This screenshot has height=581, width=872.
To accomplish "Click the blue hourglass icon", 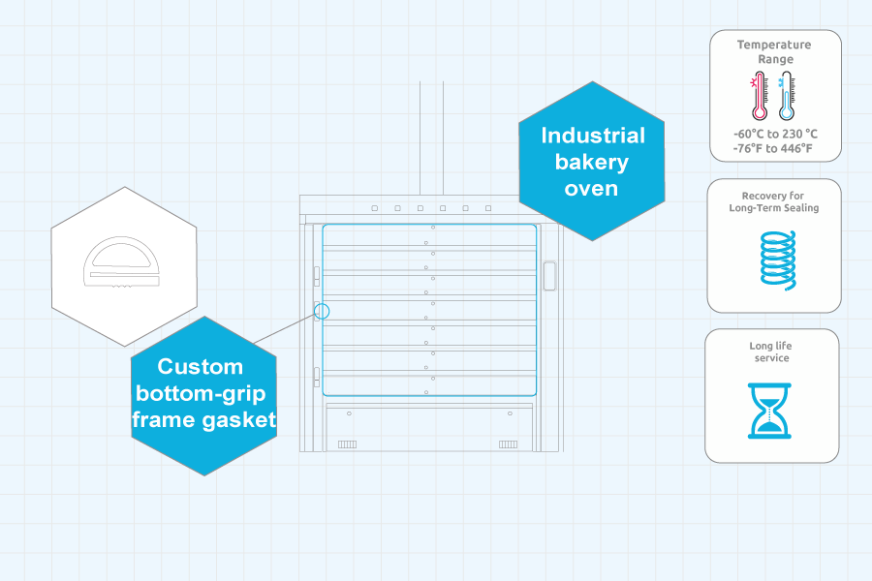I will tap(770, 411).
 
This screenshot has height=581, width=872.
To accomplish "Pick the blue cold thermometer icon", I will tap(787, 97).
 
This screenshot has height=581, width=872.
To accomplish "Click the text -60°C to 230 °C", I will tap(775, 134).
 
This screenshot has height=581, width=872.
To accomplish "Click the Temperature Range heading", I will tap(773, 51).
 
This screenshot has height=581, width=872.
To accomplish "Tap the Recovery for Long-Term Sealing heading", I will tap(773, 201).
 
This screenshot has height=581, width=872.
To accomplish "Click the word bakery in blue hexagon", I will tap(591, 162).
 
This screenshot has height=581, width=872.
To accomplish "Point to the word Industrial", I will tap(592, 136).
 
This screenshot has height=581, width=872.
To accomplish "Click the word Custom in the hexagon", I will tap(201, 367).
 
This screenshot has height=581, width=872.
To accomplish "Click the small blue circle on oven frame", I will tap(322, 311).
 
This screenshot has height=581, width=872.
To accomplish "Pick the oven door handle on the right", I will tap(549, 276).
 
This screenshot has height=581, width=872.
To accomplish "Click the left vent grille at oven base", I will tap(347, 443).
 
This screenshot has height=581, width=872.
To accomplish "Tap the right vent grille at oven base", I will tap(508, 443).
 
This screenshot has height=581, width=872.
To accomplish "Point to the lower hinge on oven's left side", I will tap(316, 377).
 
